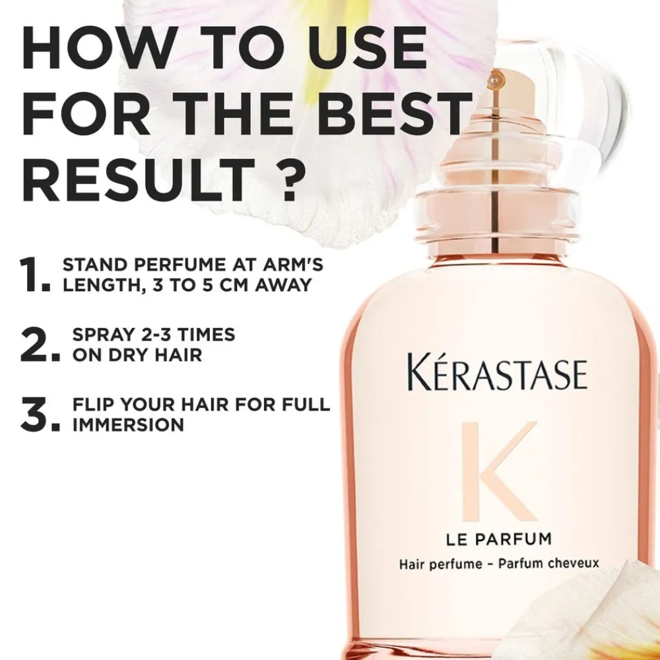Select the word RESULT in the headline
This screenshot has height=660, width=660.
click(139, 180)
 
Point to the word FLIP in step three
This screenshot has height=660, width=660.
click(94, 405)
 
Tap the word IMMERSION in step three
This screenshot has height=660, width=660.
click(129, 424)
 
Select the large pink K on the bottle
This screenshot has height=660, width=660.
click(499, 471)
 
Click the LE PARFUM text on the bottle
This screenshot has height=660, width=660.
click(499, 539)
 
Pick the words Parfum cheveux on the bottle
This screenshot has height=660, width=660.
click(548, 563)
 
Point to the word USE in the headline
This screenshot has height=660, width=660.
click(366, 48)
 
